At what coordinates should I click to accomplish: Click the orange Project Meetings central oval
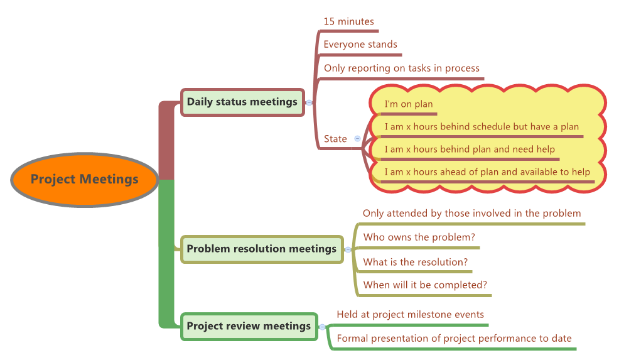pyautogui.click(x=84, y=180)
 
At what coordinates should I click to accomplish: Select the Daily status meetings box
pyautogui.click(x=242, y=102)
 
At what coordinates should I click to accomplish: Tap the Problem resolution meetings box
pyautogui.click(x=261, y=249)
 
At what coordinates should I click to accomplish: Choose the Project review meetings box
pyautogui.click(x=249, y=326)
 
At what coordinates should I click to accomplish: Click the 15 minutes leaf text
pyautogui.click(x=348, y=21)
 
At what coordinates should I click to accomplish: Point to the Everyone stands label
pyautogui.click(x=360, y=45)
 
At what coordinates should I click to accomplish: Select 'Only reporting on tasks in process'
pyautogui.click(x=401, y=68)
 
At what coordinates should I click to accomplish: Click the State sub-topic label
pyautogui.click(x=335, y=139)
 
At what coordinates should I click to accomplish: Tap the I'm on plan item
pyautogui.click(x=408, y=104)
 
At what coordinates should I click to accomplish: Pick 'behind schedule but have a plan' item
pyautogui.click(x=481, y=127)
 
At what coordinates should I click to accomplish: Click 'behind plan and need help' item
pyautogui.click(x=469, y=150)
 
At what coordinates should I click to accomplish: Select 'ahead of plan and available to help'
pyautogui.click(x=487, y=172)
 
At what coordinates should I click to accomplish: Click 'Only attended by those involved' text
pyautogui.click(x=471, y=214)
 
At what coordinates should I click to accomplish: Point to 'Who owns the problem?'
pyautogui.click(x=419, y=237)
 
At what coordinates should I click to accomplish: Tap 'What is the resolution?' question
pyautogui.click(x=416, y=262)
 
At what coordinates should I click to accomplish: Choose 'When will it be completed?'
pyautogui.click(x=425, y=285)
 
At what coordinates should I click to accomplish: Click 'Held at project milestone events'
pyautogui.click(x=410, y=315)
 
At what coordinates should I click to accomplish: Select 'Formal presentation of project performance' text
pyautogui.click(x=454, y=339)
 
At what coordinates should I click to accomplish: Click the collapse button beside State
pyautogui.click(x=357, y=138)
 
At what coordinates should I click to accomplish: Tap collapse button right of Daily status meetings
pyautogui.click(x=308, y=102)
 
